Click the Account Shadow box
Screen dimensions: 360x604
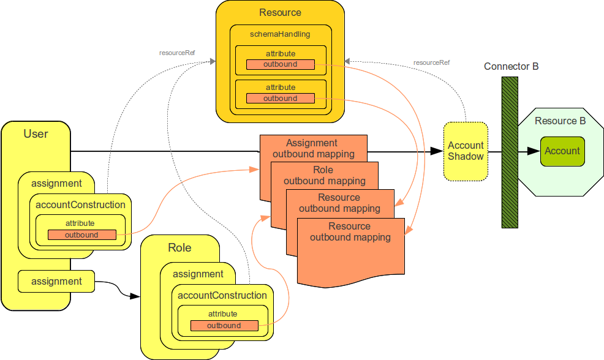pyautogui.click(x=466, y=151)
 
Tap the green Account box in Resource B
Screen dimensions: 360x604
pyautogui.click(x=562, y=151)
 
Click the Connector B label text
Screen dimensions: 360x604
pyautogui.click(x=511, y=66)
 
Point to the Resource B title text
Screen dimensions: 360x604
pyautogui.click(x=560, y=121)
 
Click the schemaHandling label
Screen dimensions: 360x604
pyautogui.click(x=280, y=34)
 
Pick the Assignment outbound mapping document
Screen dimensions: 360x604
pyautogui.click(x=313, y=148)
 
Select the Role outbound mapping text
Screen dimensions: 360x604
pyautogui.click(x=324, y=175)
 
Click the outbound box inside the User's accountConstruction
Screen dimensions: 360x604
pyautogui.click(x=81, y=234)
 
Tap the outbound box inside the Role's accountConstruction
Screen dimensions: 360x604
pyautogui.click(x=224, y=325)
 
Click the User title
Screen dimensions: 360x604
pyautogui.click(x=36, y=133)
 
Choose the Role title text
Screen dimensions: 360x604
pyautogui.click(x=179, y=248)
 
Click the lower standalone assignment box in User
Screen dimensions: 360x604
pyautogui.click(x=56, y=282)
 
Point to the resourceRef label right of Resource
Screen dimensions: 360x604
pyautogui.click(x=431, y=62)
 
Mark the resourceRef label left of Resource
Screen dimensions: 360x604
pyautogui.click(x=177, y=53)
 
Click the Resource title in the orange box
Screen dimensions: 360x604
pyautogui.click(x=280, y=12)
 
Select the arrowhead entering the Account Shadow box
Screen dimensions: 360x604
pyautogui.click(x=439, y=151)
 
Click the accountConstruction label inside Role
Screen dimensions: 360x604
pyautogui.click(x=222, y=296)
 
